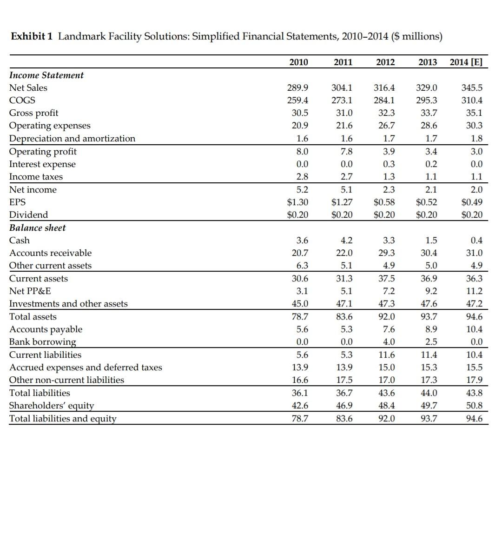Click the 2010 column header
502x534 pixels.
click(x=298, y=62)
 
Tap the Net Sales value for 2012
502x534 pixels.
click(x=384, y=87)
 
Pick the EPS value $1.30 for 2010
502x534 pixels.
click(x=297, y=202)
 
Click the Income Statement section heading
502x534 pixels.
click(x=46, y=75)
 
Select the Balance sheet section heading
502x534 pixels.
click(x=38, y=227)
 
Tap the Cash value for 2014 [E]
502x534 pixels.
click(x=476, y=240)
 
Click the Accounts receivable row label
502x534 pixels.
click(x=51, y=253)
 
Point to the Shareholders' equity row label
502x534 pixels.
click(x=52, y=405)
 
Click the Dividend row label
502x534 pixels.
click(x=28, y=214)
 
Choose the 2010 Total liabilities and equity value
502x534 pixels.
click(x=299, y=418)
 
